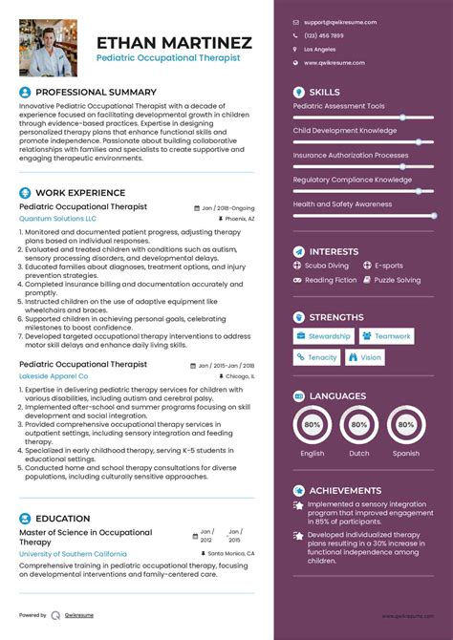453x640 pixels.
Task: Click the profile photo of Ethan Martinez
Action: [49, 48]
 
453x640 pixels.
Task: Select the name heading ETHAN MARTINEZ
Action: [174, 43]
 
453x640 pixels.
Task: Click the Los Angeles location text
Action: [320, 49]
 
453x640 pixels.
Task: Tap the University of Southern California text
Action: [73, 553]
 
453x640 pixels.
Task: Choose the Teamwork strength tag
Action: [386, 336]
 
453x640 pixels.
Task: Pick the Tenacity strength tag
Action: [316, 357]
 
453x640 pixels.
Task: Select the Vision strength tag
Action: [365, 357]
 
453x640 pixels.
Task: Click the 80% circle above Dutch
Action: [359, 424]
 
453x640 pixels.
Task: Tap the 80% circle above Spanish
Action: [405, 424]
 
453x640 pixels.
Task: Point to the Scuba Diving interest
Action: [326, 266]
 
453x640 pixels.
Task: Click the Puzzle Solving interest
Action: [397, 280]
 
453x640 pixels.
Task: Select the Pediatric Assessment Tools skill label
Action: [338, 106]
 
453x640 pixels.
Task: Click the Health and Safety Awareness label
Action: [342, 203]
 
